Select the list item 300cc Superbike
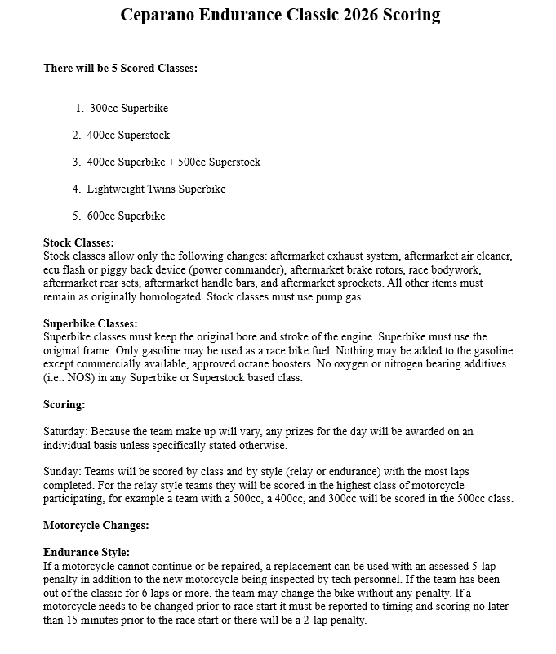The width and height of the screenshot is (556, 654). coord(129,108)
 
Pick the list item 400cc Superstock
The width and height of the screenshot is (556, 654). coord(128,135)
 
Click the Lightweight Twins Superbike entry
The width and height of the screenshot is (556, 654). coord(156,189)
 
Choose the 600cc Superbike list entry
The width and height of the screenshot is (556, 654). coord(126,216)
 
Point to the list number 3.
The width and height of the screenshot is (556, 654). coord(76,162)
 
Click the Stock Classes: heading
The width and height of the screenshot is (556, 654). coord(78,242)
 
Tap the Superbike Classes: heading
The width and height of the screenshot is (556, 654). coord(90,323)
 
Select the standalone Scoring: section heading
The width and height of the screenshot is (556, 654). coord(64,404)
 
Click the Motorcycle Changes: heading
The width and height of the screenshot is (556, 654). coord(96,525)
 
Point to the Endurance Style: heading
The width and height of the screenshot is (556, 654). coord(86,553)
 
